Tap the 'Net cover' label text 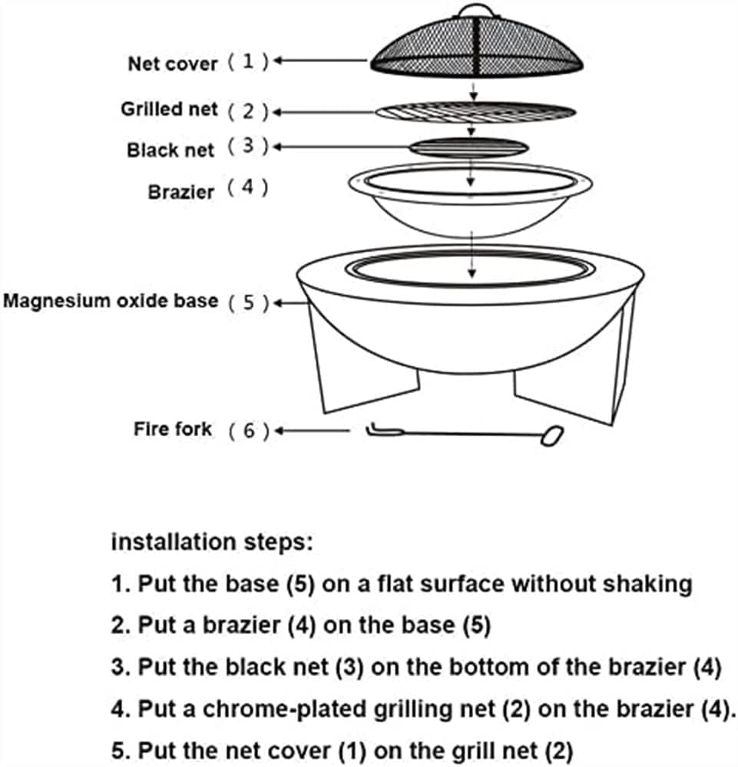coord(172,64)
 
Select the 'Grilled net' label coord(169,109)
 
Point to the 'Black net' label coord(170,150)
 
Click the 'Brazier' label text coord(180,191)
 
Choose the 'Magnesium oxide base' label coord(111,300)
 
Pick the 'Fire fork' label coord(172,428)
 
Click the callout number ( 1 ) coord(247,62)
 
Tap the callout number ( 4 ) coord(247,189)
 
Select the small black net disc coord(468,147)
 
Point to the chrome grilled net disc coord(475,111)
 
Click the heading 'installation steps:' coord(212,542)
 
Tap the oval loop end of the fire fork coord(551,436)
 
